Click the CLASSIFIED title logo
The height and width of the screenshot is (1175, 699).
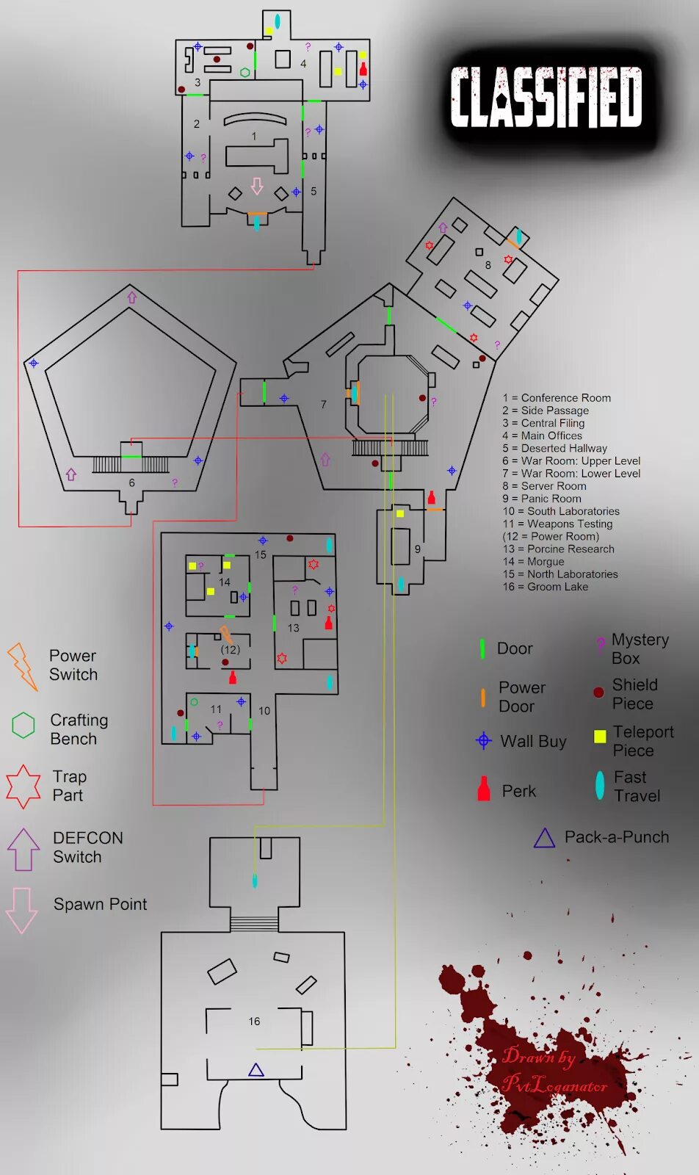546,97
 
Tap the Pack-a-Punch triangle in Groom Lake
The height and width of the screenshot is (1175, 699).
256,1070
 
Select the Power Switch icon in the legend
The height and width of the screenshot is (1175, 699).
22,666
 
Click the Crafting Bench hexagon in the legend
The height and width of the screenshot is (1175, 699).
23,725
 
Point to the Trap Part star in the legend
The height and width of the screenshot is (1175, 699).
23,786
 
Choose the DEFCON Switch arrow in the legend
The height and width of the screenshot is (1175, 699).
23,849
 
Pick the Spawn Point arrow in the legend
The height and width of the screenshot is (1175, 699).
22,910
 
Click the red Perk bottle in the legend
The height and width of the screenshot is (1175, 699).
484,789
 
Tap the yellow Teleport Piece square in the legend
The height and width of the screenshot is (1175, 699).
600,736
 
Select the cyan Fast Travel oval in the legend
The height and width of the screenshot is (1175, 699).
600,785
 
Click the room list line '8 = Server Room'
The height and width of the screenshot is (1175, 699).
544,486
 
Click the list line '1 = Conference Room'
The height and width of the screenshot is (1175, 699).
557,398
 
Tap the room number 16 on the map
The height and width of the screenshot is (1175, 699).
254,1022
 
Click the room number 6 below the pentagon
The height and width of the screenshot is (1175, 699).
131,482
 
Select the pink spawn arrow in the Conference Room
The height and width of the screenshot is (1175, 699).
257,186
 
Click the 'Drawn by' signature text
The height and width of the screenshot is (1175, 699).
539,1056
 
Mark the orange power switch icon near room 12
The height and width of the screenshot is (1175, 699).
226,634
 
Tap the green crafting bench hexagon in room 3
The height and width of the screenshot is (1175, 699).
245,72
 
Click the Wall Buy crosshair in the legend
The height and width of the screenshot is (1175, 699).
483,740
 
